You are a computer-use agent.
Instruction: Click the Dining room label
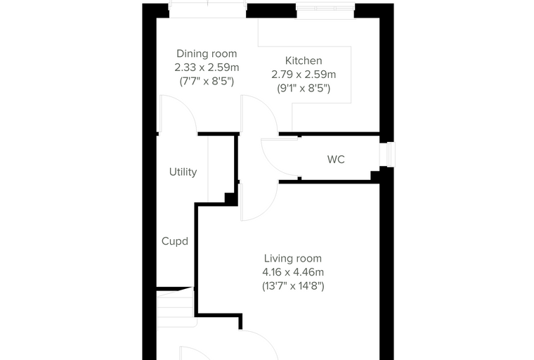click(x=207, y=53)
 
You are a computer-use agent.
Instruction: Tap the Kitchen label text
click(x=304, y=60)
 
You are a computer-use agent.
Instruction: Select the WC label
click(x=336, y=159)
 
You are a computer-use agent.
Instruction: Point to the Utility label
click(x=183, y=172)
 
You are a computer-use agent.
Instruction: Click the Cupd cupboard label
click(x=175, y=241)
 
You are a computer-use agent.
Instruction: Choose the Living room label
click(x=292, y=259)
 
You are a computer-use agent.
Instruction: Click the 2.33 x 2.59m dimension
click(x=207, y=67)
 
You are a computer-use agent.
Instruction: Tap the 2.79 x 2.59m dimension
click(x=304, y=75)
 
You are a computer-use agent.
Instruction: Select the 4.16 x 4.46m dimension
click(x=293, y=272)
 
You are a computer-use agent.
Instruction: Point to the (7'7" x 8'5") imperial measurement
click(x=207, y=82)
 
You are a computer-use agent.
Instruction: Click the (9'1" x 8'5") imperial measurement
click(x=304, y=89)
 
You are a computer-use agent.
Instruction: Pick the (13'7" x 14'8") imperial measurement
click(x=293, y=285)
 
